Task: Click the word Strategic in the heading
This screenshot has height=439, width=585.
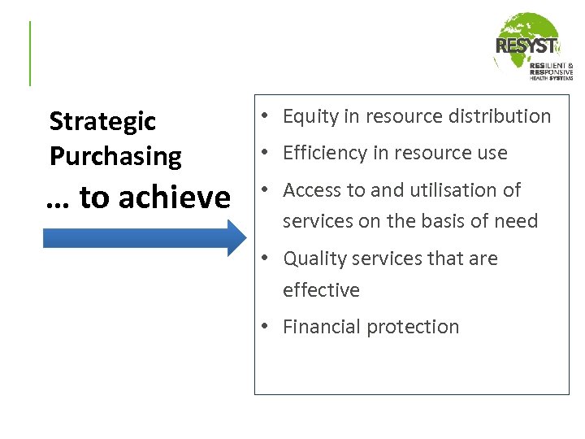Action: pos(102,122)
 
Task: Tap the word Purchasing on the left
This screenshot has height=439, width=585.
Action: pos(115,156)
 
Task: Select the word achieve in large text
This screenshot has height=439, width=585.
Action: pos(175,197)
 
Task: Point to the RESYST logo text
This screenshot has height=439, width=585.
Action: pos(526,46)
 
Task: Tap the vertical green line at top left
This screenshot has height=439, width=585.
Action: pos(30,54)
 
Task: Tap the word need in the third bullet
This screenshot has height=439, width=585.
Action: pos(516,221)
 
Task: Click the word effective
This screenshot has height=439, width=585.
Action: pos(321,290)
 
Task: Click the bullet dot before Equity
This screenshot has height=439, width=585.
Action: pos(265,117)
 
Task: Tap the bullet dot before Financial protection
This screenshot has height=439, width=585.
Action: pos(265,327)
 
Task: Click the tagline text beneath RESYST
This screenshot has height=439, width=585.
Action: pos(551,71)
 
